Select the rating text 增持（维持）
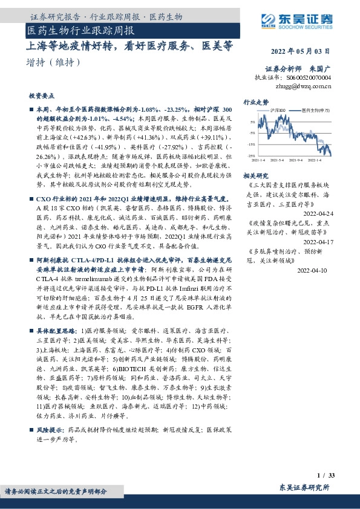click(53, 62)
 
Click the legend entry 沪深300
click(278, 111)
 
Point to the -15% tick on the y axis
click(252, 144)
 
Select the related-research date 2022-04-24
click(318, 214)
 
